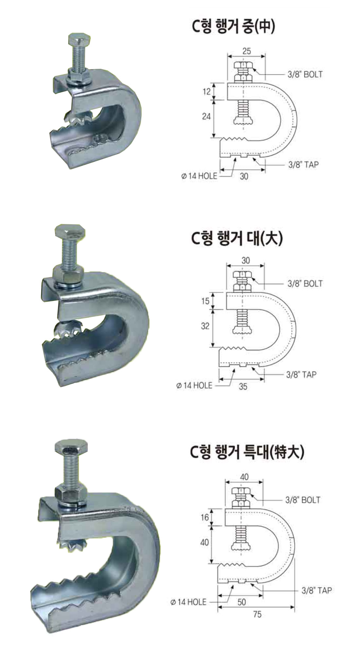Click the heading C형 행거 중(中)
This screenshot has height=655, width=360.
click(233, 28)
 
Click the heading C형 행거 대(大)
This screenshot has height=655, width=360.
click(237, 238)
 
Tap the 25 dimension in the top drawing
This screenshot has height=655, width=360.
click(246, 51)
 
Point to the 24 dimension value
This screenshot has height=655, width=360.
click(206, 116)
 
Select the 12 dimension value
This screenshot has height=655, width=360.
click(207, 92)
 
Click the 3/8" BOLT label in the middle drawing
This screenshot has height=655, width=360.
click(305, 284)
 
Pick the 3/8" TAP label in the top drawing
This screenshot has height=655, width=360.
click(303, 164)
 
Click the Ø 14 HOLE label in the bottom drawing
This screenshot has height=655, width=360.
click(188, 602)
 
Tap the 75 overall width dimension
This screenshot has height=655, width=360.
click(257, 614)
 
